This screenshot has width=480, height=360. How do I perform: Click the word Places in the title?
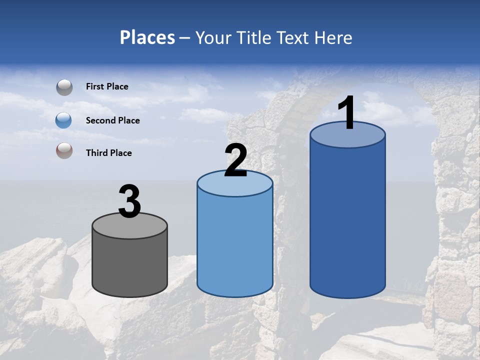[x=147, y=37]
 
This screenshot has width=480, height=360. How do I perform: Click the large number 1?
[x=346, y=113]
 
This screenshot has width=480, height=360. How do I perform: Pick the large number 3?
[x=129, y=201]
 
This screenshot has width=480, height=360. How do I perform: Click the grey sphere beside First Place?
[x=64, y=87]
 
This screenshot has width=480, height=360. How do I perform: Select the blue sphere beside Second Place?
[x=63, y=120]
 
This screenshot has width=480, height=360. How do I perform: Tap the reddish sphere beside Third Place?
[x=64, y=150]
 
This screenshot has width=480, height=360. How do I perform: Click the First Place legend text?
[x=107, y=86]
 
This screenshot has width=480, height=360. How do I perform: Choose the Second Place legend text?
[x=112, y=120]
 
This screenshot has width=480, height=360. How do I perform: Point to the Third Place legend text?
[x=108, y=153]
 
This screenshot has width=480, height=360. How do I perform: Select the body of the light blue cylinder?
[x=235, y=245]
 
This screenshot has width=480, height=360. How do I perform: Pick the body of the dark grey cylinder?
[x=129, y=265]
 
